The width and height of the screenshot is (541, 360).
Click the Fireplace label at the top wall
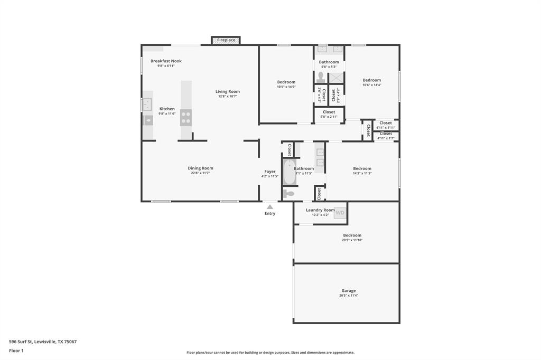coord(226,40)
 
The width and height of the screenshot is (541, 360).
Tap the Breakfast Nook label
coord(166,61)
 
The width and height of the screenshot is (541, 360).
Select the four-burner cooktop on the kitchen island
coord(186,117)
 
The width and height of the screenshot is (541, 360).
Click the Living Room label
coord(227,91)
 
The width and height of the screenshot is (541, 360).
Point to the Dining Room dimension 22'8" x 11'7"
coord(201,173)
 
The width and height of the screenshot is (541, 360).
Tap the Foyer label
coord(270,172)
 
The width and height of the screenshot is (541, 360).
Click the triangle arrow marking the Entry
coord(270,207)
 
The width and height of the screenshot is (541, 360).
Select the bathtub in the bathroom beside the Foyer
coord(289,172)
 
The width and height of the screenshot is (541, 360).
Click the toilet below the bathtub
coord(288,194)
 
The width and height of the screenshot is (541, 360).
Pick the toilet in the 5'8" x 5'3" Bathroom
coord(320,77)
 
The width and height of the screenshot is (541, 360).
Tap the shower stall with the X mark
coord(337,78)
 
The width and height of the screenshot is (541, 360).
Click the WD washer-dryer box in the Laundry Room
coord(340,213)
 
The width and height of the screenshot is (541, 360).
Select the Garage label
coord(348,290)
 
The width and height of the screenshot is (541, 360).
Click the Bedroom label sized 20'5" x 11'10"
coord(352,235)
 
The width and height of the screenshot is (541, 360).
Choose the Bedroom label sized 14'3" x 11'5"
coord(362,168)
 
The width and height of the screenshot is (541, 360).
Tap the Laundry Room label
coord(320,210)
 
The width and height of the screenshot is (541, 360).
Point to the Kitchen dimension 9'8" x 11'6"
coord(167,113)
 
